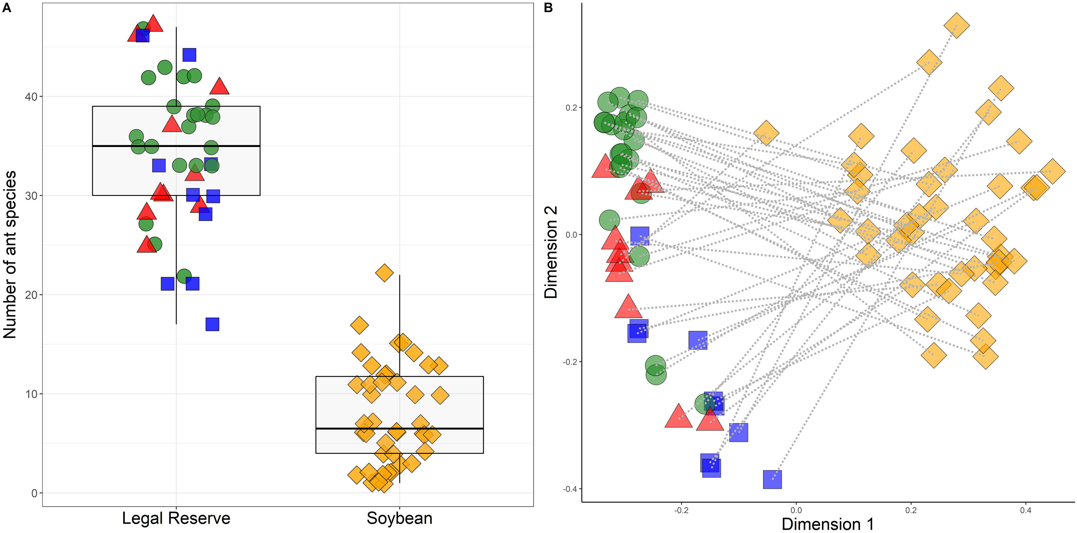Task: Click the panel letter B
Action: tap(548, 7)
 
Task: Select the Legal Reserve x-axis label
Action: tap(176, 518)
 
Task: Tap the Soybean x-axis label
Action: tap(399, 518)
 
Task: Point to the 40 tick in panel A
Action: tap(31, 97)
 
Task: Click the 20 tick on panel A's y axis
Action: tap(31, 295)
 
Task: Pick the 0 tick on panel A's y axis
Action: tap(34, 493)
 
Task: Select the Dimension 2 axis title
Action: tap(551, 252)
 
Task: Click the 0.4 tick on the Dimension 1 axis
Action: tap(1025, 510)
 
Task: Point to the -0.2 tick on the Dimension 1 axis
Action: tap(681, 510)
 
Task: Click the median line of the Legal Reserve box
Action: tap(176, 146)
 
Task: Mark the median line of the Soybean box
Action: tap(399, 429)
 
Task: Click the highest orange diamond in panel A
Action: tap(384, 273)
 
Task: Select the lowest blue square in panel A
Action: tap(212, 325)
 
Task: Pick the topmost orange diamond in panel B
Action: tap(956, 25)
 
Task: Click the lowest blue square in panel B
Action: tap(772, 480)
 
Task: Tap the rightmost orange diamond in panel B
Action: tap(1052, 171)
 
